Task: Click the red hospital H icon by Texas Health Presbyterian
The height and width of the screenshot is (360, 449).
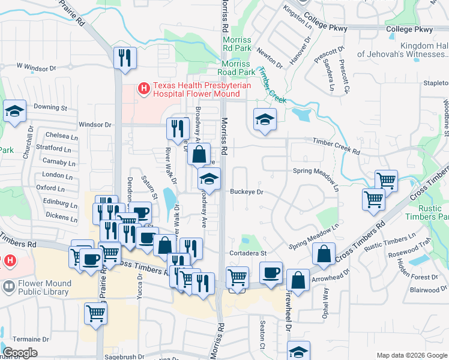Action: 143,89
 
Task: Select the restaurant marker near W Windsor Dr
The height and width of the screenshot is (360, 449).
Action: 125,59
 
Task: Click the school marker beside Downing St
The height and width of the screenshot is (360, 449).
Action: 14,112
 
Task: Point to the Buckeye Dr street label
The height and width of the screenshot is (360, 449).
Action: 247,192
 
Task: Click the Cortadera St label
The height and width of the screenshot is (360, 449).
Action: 248,253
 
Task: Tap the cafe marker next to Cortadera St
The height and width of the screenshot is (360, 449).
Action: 270,273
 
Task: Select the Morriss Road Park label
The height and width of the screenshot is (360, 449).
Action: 238,72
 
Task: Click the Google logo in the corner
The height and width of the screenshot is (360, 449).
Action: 20,353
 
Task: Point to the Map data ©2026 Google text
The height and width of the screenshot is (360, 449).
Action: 412,355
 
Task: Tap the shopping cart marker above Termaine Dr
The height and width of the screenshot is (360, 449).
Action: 96,313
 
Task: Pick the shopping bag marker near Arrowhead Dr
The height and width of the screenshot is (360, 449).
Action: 324,254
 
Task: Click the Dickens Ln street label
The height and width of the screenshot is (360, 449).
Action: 58,214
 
